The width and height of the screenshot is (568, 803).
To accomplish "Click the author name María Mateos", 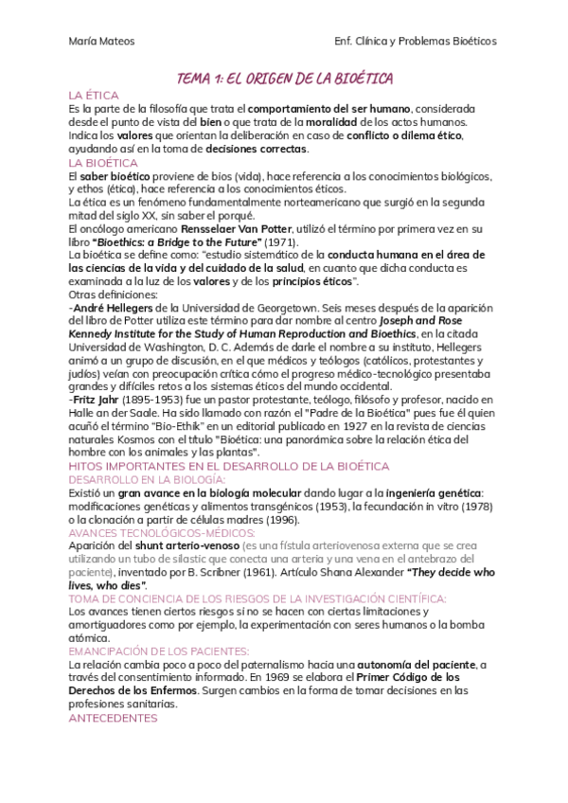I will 101,41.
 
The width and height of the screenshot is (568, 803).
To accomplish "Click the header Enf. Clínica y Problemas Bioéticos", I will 416,41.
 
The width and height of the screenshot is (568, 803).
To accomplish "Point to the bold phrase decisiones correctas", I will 263,150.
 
